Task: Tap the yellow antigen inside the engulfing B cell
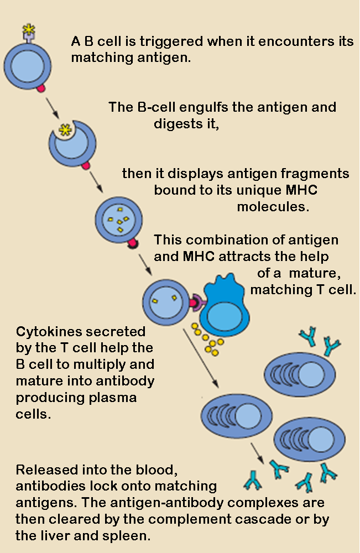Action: point(66,131)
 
